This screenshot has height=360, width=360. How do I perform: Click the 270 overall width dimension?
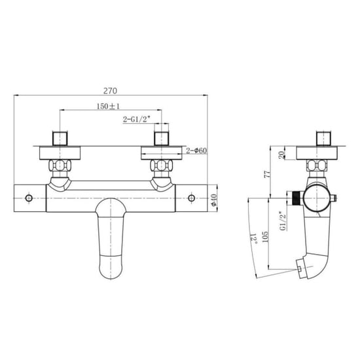pos(110,91)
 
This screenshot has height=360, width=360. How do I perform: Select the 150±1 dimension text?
pos(108,106)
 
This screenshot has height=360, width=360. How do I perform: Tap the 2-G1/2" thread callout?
pos(137,119)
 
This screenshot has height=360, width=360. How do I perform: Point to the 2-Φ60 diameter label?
pos(196,151)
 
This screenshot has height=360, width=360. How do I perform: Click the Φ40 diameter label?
pos(213,200)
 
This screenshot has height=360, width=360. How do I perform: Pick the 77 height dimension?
pos(268,174)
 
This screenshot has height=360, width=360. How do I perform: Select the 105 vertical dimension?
pos(265,237)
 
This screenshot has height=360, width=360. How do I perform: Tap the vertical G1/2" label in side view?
pos(283,221)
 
